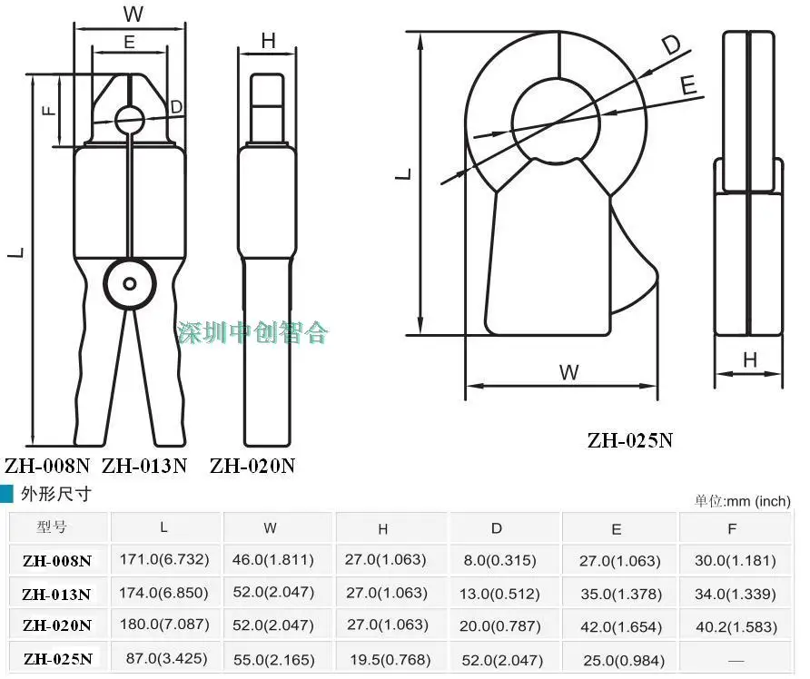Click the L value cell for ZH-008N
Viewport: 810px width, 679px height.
(x=164, y=560)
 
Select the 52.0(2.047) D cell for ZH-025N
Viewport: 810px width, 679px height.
(x=502, y=660)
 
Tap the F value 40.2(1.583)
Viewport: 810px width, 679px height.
(x=736, y=627)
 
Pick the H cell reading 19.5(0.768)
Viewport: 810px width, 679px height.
(x=390, y=659)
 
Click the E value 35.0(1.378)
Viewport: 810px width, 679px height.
(x=621, y=594)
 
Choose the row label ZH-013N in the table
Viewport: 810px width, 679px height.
(x=56, y=595)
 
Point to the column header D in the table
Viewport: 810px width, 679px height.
(x=497, y=528)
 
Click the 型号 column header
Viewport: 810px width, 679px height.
(x=52, y=526)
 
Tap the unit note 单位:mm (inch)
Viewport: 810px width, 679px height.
(x=742, y=501)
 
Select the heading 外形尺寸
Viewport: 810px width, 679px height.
(x=55, y=494)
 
